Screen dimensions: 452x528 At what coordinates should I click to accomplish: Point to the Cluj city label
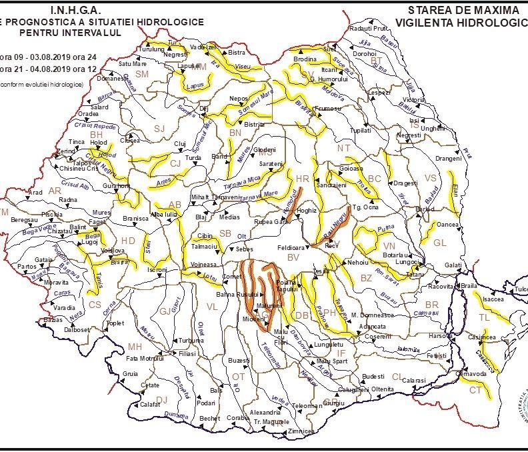pos(179,143)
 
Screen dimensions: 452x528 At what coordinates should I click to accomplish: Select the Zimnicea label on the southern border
pos(301,431)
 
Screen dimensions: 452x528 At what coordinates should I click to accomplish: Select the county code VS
pos(431,178)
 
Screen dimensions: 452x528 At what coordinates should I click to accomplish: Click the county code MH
pos(135,347)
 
